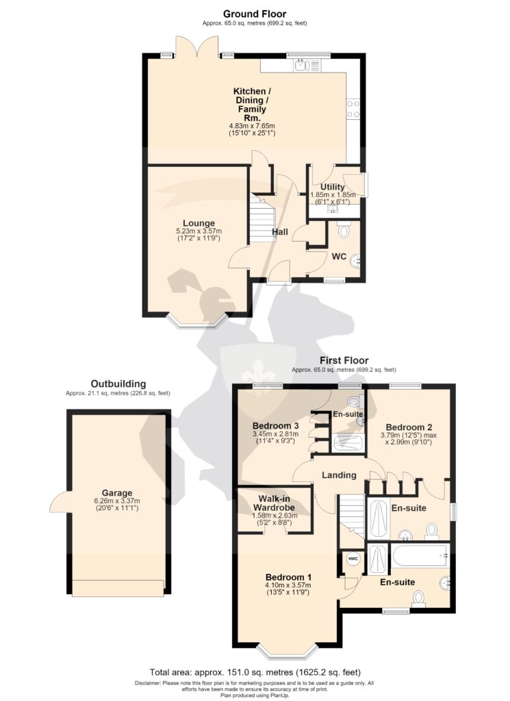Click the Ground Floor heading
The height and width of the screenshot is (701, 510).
[255, 14]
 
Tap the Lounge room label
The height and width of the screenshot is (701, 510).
[199, 223]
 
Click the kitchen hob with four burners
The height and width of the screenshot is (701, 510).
[353, 108]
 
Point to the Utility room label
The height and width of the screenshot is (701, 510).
[333, 187]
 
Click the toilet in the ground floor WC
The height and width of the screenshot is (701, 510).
[344, 229]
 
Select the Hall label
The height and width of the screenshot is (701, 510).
[280, 232]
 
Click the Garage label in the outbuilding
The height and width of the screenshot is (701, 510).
[117, 493]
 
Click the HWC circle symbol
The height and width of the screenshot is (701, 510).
[353, 559]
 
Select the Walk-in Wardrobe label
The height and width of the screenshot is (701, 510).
[274, 503]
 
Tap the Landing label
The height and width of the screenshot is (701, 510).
[339, 475]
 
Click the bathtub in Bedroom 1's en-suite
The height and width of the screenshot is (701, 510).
[420, 556]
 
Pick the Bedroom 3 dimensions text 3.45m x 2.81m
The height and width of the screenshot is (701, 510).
[275, 434]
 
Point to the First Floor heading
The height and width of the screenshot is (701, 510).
[344, 360]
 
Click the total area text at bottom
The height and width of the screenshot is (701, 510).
[255, 672]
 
